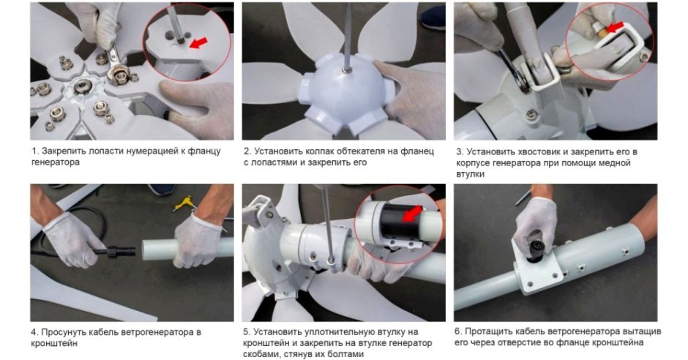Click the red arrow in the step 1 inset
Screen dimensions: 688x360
click(199, 42)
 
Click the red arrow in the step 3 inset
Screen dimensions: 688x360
click(614, 27)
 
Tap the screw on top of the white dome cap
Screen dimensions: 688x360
click(347, 69)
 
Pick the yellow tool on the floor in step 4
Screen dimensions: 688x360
click(185, 203)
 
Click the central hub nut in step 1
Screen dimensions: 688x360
click(83, 86)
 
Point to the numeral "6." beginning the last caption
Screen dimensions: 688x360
click(457, 331)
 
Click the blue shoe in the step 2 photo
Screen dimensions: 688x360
click(432, 17)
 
